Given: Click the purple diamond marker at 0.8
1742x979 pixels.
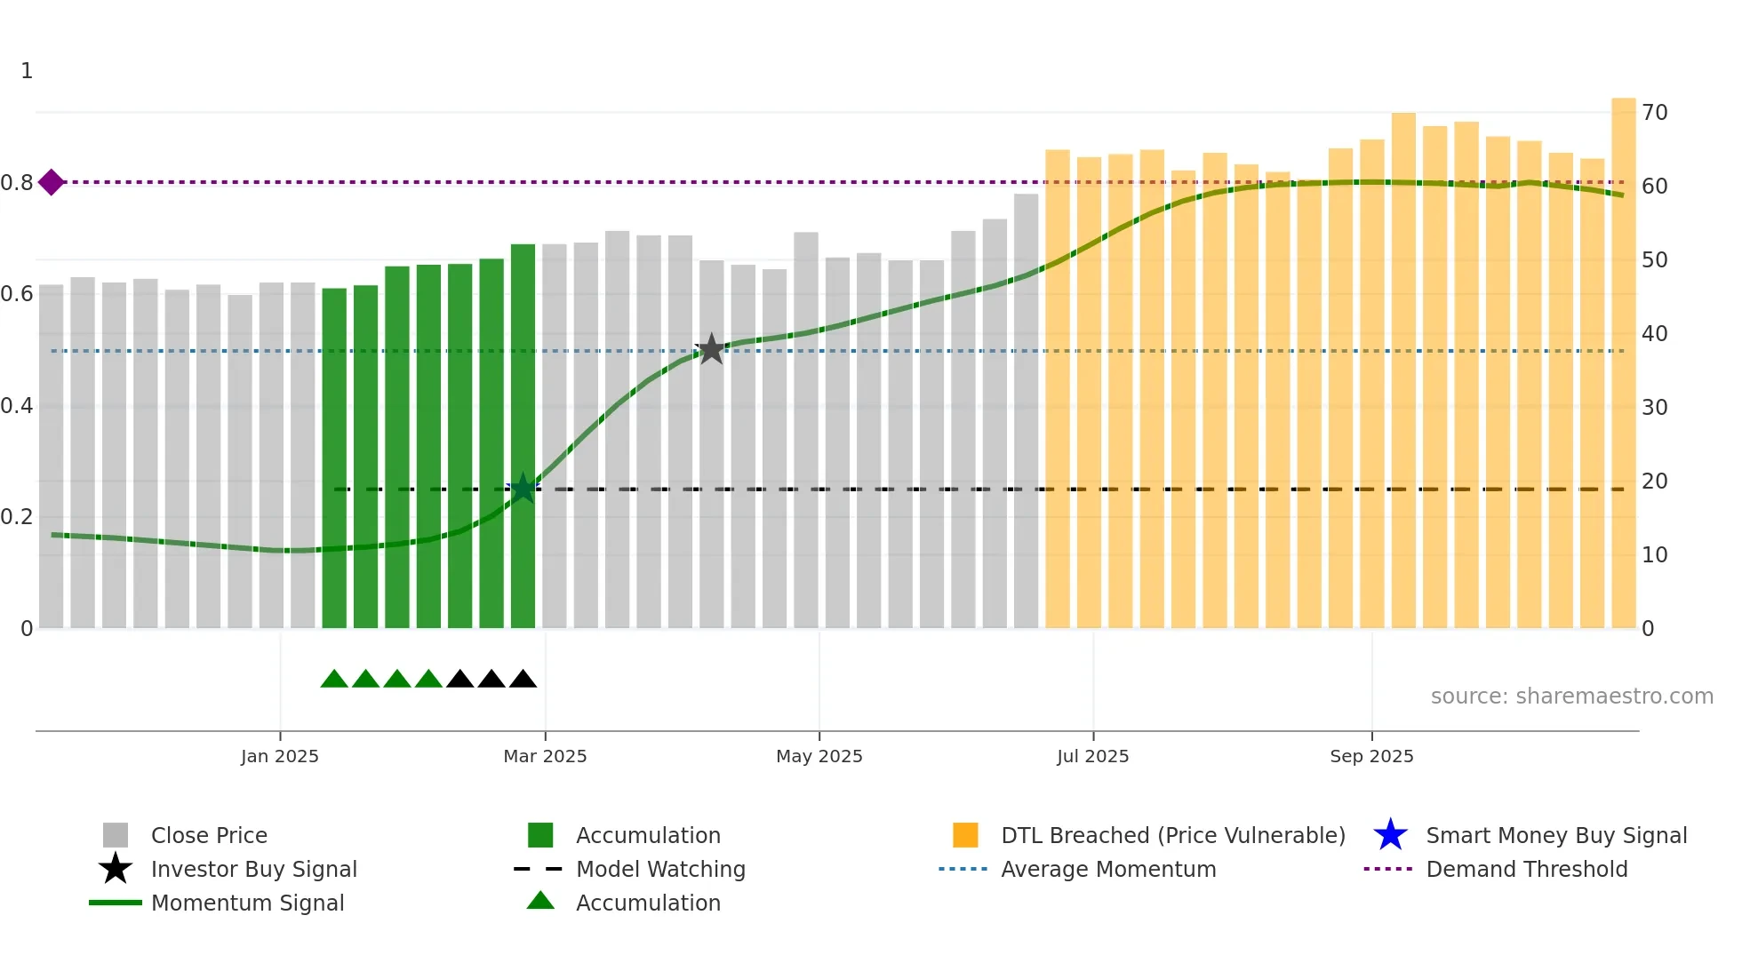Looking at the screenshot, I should click(52, 182).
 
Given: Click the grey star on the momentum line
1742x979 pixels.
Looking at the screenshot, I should click(711, 349).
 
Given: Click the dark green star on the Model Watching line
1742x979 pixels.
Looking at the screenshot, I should click(523, 488).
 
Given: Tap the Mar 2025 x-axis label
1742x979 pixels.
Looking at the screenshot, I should click(545, 756).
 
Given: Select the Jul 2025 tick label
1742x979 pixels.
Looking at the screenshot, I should click(1092, 756).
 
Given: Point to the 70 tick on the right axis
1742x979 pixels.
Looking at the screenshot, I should click(1654, 113).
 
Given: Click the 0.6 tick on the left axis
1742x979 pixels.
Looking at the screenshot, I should click(17, 294).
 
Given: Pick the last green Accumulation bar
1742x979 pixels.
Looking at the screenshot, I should click(523, 435).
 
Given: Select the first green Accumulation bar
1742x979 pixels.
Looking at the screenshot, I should click(334, 458).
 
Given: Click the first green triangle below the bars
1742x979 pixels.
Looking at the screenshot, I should click(334, 680).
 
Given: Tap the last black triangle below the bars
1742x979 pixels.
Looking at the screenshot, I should click(523, 680).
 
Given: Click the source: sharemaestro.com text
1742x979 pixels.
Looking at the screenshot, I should click(1571, 696).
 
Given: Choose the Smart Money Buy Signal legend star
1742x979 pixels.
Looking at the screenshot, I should click(1390, 835).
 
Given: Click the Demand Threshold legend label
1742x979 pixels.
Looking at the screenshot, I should click(1526, 869).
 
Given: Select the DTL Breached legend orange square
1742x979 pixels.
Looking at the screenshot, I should click(965, 835).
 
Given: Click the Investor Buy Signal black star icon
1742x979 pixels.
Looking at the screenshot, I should click(116, 869).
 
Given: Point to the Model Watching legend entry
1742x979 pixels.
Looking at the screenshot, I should click(659, 869).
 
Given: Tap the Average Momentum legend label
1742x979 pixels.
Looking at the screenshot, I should click(1107, 869).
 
